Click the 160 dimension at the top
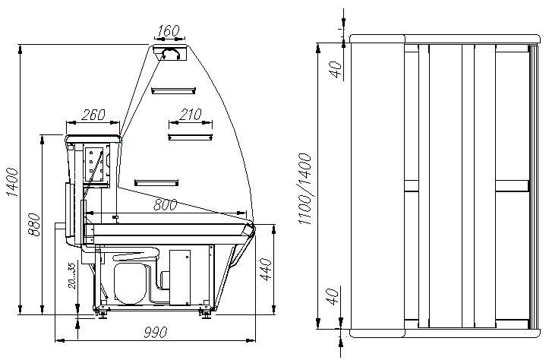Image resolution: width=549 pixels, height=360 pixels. click(168, 31)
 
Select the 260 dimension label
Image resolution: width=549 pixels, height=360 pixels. click(93, 115)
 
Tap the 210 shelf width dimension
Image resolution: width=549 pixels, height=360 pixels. click(191, 114)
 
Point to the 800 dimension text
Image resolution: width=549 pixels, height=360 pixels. click(165, 205)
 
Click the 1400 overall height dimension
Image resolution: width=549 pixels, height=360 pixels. click(13, 182)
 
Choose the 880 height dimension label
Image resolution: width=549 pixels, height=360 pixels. click(34, 225)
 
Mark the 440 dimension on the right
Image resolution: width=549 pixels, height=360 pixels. click(266, 270)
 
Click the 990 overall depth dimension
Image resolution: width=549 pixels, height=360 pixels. click(156, 332)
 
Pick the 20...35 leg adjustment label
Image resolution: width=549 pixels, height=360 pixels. click(71, 276)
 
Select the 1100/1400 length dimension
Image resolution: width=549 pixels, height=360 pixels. click(305, 189)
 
